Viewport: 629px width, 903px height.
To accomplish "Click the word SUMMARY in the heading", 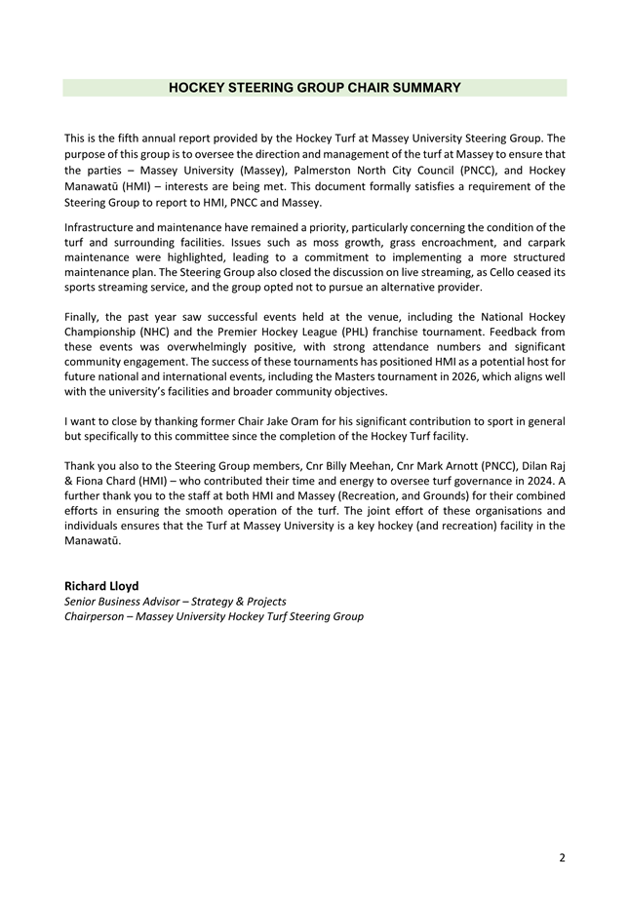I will pyautogui.click(x=422, y=88).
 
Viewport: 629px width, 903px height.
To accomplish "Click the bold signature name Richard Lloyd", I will pyautogui.click(x=101, y=586).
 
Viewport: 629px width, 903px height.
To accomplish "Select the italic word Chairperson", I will pyautogui.click(x=98, y=616).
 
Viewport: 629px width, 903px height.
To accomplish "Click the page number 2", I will pyautogui.click(x=562, y=858).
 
